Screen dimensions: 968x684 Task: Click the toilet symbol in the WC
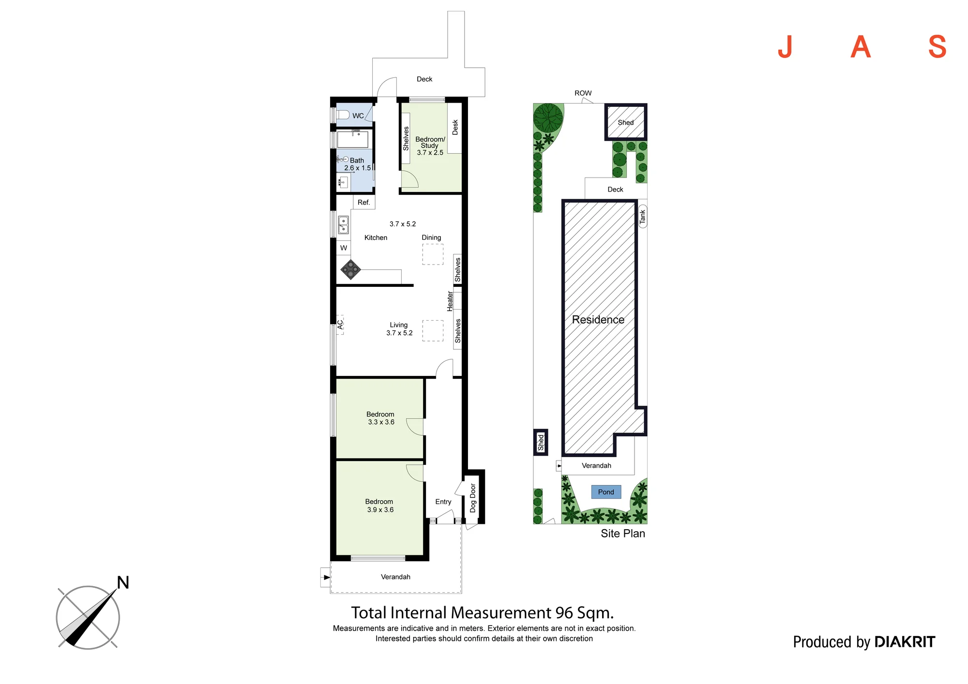click(x=343, y=115)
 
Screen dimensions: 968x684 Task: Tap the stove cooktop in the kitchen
click(x=350, y=269)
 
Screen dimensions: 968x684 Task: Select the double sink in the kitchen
click(x=343, y=225)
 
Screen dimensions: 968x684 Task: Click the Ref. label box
click(x=363, y=202)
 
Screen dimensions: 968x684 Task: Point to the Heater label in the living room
click(x=450, y=301)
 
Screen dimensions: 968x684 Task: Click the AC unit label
click(x=340, y=324)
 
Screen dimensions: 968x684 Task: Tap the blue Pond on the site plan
click(x=606, y=492)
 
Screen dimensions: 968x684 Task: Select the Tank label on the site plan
click(x=643, y=217)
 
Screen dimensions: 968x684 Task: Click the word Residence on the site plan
click(x=598, y=320)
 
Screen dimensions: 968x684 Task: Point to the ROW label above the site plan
click(x=583, y=93)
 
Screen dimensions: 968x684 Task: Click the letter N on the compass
click(x=123, y=582)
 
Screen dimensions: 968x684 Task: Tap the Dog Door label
click(x=473, y=498)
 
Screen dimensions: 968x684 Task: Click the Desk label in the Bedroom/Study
click(x=455, y=127)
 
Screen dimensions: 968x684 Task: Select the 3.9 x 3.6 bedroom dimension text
click(x=380, y=510)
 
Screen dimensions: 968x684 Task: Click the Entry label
click(x=443, y=502)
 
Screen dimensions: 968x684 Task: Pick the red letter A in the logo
click(x=861, y=47)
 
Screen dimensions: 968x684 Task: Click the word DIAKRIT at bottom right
click(x=905, y=642)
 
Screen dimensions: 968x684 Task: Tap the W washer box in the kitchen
click(x=344, y=248)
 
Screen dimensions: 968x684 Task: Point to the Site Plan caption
click(x=623, y=534)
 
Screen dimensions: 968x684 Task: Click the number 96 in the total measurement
click(x=564, y=613)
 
